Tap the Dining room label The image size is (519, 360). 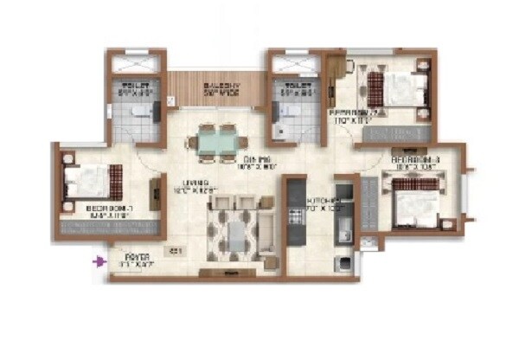(253, 162)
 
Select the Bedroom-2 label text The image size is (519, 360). (349, 115)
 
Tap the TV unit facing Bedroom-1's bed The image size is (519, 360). (157, 192)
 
